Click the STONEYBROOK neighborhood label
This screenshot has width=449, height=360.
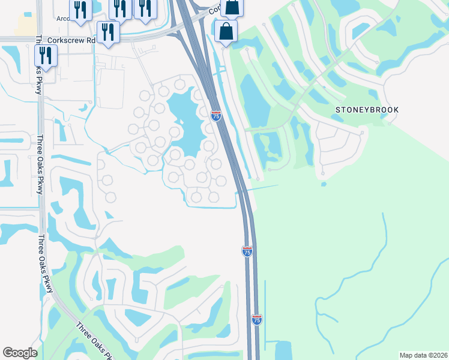point(367,110)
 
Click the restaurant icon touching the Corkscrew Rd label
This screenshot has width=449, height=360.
point(108,30)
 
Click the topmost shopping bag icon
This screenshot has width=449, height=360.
point(232,7)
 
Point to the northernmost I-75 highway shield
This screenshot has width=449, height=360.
point(216,115)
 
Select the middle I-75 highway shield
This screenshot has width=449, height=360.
point(247,251)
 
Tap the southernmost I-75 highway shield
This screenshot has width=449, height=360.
point(256,320)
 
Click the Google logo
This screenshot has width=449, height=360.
point(20,353)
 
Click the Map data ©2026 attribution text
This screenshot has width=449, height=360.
point(424,355)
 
